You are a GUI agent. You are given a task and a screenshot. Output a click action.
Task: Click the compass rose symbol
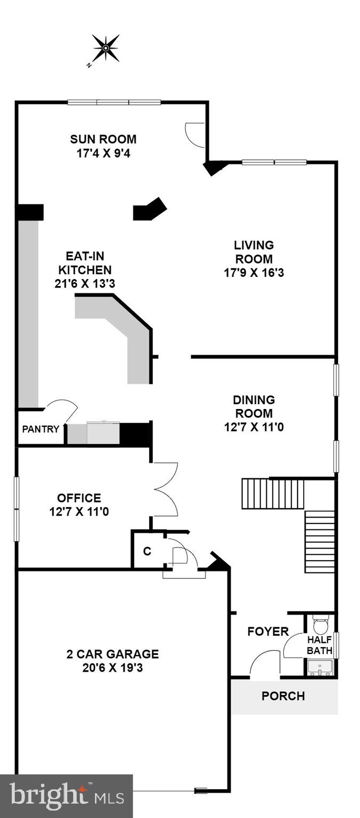[x=105, y=48]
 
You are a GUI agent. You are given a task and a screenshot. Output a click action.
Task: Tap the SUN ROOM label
[x=103, y=140]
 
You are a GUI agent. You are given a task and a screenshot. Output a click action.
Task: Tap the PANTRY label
[x=40, y=429]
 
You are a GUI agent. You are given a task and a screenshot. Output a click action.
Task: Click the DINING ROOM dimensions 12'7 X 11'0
[x=253, y=427]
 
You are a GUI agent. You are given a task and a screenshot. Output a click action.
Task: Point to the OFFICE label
[x=79, y=498]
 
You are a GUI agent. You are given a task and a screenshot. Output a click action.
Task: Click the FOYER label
[x=268, y=632]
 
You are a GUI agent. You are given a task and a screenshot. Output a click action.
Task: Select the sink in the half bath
[x=320, y=667]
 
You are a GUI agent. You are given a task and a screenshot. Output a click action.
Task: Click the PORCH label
[x=283, y=696]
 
